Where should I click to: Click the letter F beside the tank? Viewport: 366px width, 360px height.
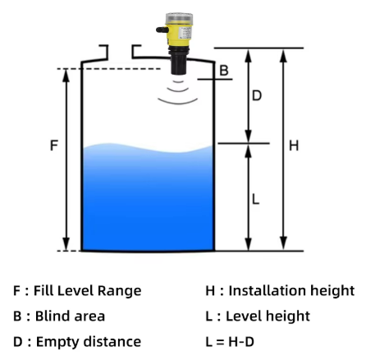coord(54,145)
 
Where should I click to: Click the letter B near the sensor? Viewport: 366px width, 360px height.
coord(224,71)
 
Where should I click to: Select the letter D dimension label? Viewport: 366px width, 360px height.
coord(257,95)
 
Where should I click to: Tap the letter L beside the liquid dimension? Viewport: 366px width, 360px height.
coord(255,199)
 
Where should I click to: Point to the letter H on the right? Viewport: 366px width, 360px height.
coord(294,145)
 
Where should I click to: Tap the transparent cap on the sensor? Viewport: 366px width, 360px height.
coord(179,19)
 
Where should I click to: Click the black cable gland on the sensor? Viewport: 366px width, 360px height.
coord(162,30)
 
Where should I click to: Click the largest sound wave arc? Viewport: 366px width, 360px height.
coord(178,103)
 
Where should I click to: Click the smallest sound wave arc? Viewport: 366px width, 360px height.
coord(178,81)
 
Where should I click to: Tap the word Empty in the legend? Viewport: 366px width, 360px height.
coord(57,342)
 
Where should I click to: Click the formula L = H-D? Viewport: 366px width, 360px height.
coord(230,342)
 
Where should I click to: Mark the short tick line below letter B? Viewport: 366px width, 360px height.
coord(215,80)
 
